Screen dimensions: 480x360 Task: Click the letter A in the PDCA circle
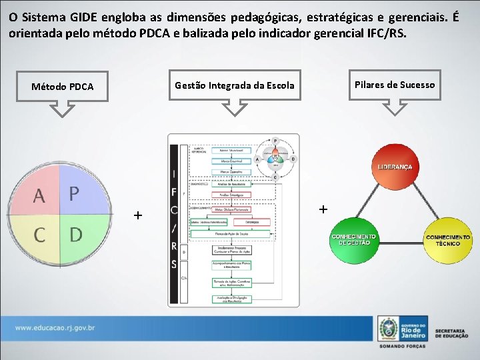point(39,196)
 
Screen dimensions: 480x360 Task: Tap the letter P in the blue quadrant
point(75,193)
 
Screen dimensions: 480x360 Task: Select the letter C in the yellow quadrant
point(39,235)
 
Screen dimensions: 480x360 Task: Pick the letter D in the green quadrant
point(75,234)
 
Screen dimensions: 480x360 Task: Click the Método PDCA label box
point(63,87)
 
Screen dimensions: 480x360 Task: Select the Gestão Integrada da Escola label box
point(234,85)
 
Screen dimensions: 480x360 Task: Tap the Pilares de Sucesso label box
point(394,85)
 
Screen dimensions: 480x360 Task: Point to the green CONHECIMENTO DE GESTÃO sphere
point(353,239)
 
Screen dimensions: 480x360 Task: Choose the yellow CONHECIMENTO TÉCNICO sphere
point(447,240)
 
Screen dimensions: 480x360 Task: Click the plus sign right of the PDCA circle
point(137,215)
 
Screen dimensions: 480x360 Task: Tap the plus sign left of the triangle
point(323,209)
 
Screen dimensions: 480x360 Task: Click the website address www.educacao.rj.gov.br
point(55,328)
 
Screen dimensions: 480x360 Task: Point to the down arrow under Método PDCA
point(63,108)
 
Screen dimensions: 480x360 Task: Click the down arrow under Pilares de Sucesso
point(394,107)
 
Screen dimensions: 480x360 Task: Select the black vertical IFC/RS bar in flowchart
point(174,220)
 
